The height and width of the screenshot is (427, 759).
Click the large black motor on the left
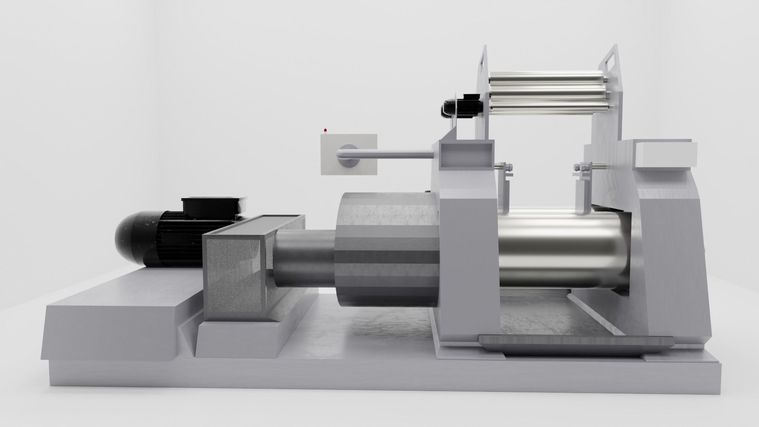click(158, 237)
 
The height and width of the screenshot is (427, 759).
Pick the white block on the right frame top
click(665, 154)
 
